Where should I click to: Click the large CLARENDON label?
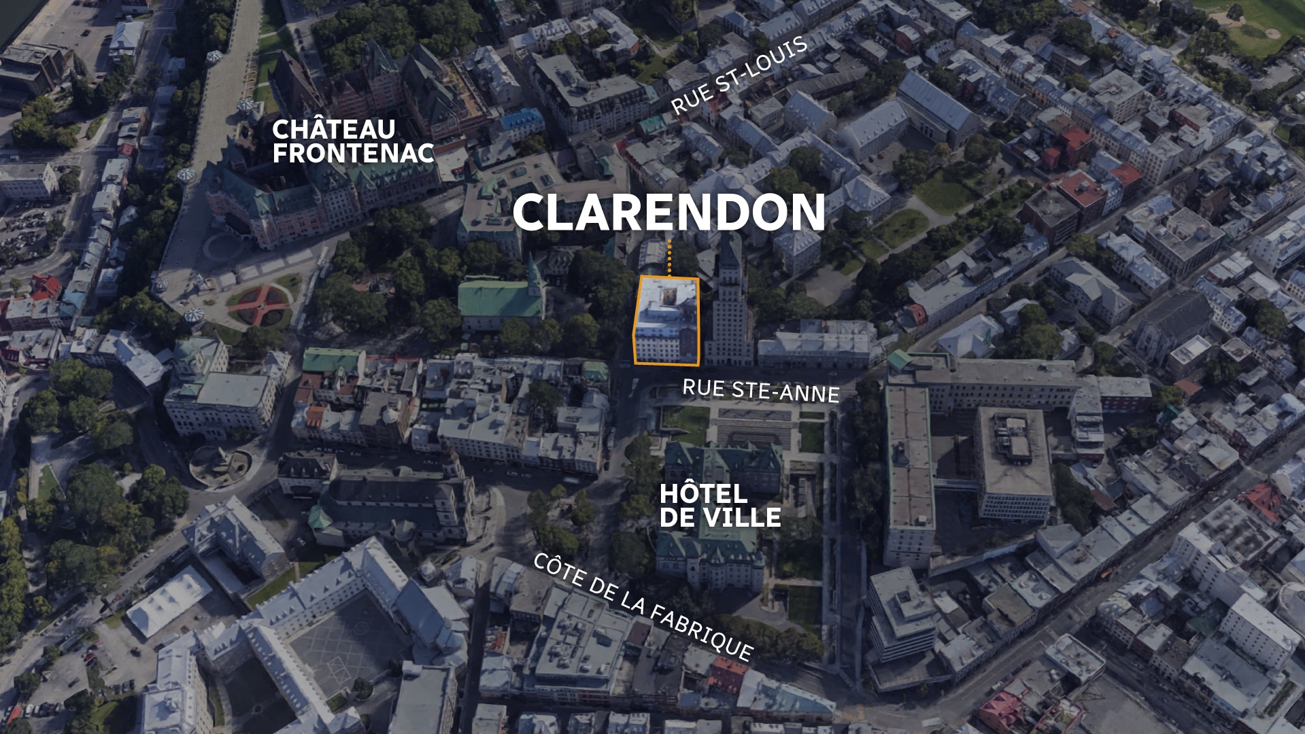pos(668,212)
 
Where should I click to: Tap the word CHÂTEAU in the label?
pos(333,129)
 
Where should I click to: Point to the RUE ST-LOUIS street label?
pos(739,75)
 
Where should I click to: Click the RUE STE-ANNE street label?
pos(760,390)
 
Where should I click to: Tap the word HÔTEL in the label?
pos(694,493)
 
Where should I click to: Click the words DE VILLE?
pos(720,518)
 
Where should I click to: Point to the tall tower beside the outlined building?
pos(729,306)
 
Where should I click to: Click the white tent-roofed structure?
pos(169,601)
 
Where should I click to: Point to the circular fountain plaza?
pos(220,466)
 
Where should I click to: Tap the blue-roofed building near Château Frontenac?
pos(522,122)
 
